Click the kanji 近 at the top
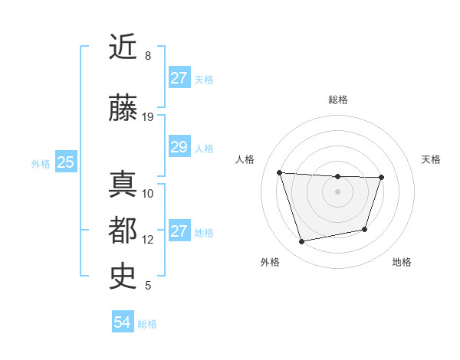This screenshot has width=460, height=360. pos(123,47)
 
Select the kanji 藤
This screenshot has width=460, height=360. pos(123,110)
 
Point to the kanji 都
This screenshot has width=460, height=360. pos(123,230)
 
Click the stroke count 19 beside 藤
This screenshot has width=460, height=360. pos(148,116)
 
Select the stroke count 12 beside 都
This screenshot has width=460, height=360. pos(148,239)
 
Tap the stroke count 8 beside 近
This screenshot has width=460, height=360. pos(148,55)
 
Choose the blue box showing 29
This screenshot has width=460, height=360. pos(179,148)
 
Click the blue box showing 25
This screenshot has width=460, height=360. pos(66,162)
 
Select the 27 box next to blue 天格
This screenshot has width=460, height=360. pos(179,78)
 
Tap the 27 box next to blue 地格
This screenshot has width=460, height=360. pos(179,231)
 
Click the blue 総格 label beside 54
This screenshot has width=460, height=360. pos(147,324)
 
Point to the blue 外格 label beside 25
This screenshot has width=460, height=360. pos(40,163)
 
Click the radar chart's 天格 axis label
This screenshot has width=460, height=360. pos(432,159)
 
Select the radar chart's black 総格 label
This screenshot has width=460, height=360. pos(337,100)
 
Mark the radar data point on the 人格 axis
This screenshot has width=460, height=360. pos(279,172)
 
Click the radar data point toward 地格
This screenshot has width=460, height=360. pos(365,229)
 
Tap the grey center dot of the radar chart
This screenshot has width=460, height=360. pos(337,191)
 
